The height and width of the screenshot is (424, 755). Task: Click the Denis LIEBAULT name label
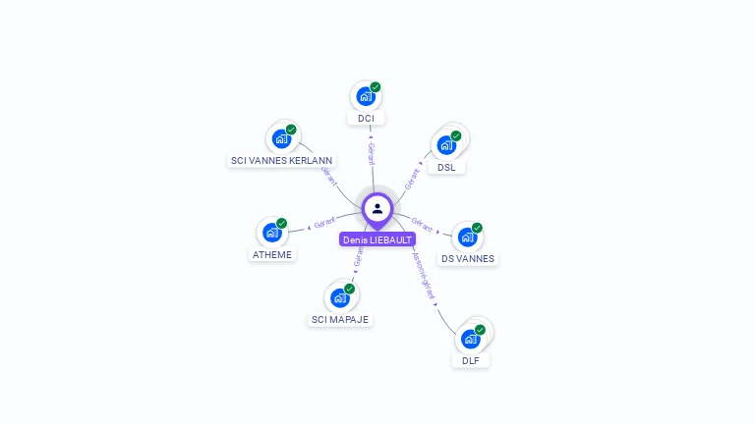tap(377, 239)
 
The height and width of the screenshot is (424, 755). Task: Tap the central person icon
tap(377, 208)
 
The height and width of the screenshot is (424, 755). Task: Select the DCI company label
tap(366, 119)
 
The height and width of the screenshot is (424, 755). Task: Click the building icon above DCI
tap(365, 96)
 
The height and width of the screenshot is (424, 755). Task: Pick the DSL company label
tap(446, 167)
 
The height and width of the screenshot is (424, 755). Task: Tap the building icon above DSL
tap(446, 144)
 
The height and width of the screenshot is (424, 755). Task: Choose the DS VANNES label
tap(468, 259)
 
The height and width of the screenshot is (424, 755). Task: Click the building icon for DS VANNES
tap(468, 237)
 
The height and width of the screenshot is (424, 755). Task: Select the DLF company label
tap(471, 361)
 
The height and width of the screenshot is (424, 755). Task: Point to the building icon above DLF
tap(471, 339)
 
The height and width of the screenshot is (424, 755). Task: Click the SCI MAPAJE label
tap(341, 320)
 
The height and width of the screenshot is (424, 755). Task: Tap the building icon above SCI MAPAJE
tap(340, 297)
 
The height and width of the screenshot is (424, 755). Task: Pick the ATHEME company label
tap(272, 255)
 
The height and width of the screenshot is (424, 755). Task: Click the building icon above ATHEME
tap(271, 233)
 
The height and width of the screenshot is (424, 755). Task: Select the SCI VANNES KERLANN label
tap(282, 160)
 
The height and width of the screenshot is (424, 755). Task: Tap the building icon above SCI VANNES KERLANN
tap(282, 137)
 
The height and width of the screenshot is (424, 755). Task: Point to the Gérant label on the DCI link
tap(371, 154)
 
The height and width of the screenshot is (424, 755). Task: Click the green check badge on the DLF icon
tap(480, 330)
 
